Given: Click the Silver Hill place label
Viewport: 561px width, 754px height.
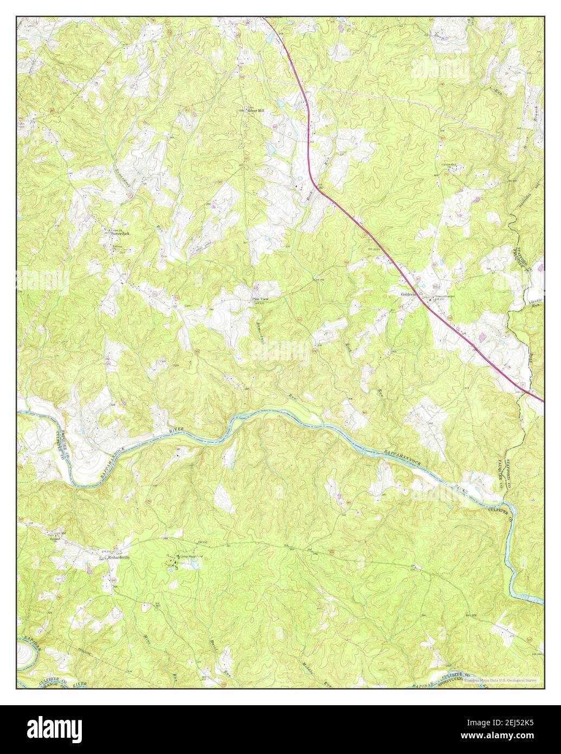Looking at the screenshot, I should pos(256,111).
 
